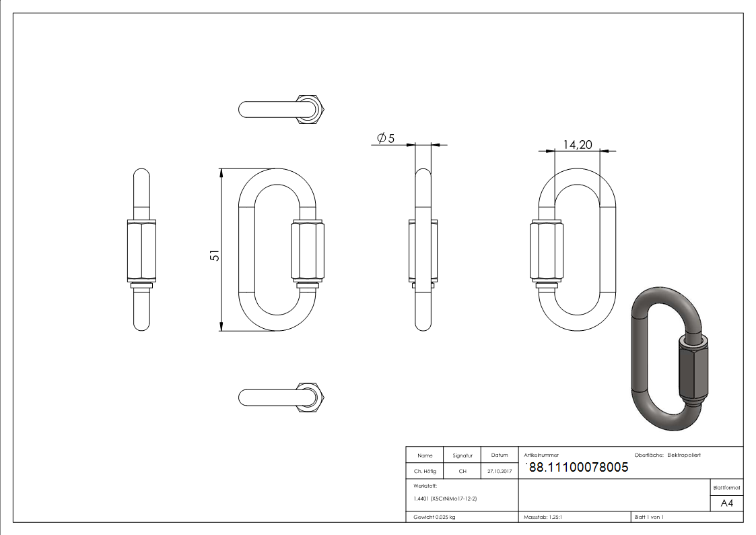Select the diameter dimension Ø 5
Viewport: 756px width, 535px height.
pos(386,138)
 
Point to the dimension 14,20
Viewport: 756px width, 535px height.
pos(577,144)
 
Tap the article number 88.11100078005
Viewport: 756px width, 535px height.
pos(578,467)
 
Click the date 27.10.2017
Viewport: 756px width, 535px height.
pos(499,472)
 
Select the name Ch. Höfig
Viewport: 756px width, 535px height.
pos(424,472)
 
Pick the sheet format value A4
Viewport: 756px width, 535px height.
pos(726,503)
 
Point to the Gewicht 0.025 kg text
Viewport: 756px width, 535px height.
pos(434,517)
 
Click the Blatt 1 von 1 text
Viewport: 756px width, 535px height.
pos(648,517)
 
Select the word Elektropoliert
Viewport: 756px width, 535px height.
pos(684,455)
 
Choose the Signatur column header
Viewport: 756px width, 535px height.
pos(462,455)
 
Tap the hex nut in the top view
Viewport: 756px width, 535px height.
pos(311,109)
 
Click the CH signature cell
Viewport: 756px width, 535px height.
pos(462,472)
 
